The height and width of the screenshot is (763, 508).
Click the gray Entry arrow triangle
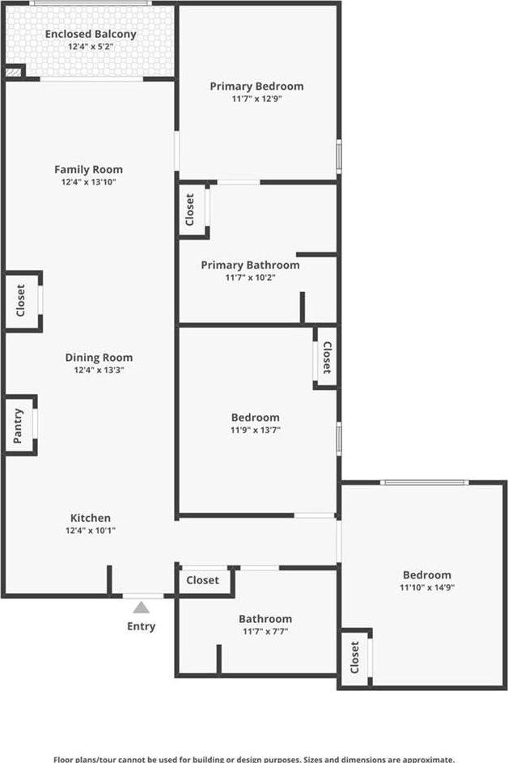[x=141, y=608]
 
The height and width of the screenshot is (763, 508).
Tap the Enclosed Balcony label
[x=91, y=34]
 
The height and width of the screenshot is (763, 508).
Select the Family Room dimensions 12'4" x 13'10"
[x=88, y=182]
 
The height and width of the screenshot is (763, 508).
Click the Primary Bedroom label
[x=257, y=86]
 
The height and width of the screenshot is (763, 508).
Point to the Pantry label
[x=18, y=426]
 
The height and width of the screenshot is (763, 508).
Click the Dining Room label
[x=99, y=358]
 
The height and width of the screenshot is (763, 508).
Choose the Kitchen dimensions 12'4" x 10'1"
[x=91, y=531]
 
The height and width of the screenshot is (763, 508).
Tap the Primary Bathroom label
[x=250, y=265]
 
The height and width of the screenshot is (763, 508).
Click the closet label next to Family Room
[x=20, y=301]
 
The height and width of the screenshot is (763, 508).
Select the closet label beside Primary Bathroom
[x=190, y=210]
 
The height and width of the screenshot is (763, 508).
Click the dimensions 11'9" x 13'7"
[x=256, y=430]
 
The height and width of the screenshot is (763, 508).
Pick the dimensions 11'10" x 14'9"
[x=427, y=587]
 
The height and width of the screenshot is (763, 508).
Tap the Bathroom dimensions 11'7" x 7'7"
[x=265, y=632]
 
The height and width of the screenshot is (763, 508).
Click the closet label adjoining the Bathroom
[x=202, y=580]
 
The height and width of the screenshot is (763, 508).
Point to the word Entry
[x=141, y=626]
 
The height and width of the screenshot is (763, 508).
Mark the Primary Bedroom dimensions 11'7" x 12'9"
[x=257, y=99]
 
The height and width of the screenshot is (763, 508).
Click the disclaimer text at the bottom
[x=254, y=759]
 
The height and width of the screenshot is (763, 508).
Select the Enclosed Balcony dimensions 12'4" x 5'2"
[x=91, y=47]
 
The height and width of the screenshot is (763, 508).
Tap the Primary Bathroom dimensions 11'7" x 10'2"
[x=250, y=278]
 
